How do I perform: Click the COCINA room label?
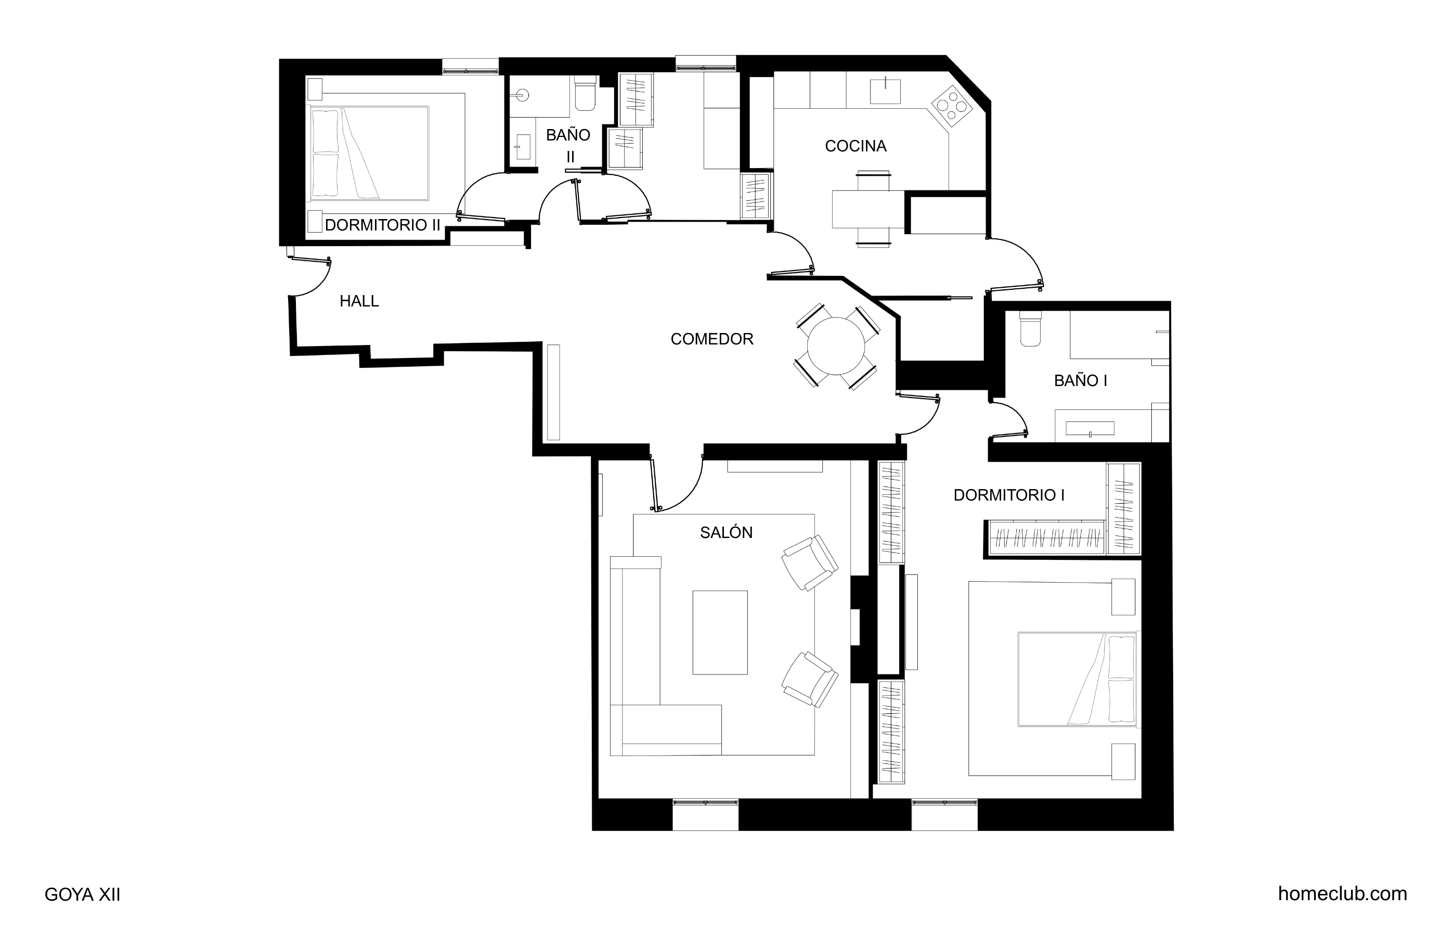855,146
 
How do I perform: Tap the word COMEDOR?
712,339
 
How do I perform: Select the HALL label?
359,301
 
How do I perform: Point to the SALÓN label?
726,532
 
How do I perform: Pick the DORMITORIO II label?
382,225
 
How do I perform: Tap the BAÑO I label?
1080,381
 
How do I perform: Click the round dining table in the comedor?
836,346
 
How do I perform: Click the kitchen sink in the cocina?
885,91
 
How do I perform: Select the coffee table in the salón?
720,632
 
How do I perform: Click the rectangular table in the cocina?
868,210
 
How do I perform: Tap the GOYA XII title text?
82,894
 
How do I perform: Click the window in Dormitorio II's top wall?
470,67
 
